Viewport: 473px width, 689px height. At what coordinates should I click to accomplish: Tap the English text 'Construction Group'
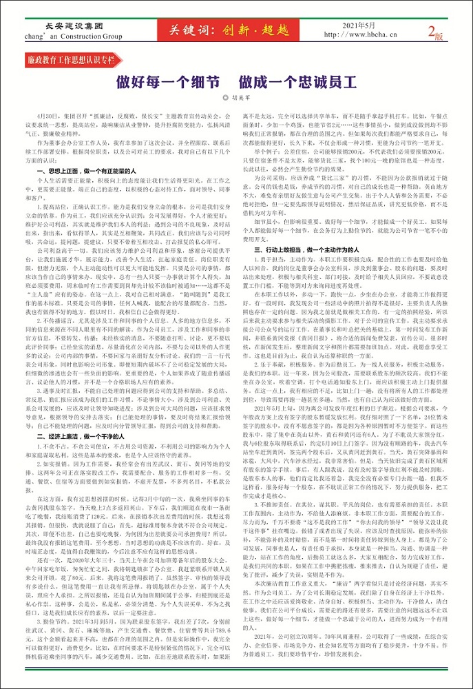[94, 36]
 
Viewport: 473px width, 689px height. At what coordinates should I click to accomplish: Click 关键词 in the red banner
[189, 30]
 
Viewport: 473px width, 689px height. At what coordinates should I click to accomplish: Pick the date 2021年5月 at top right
[358, 25]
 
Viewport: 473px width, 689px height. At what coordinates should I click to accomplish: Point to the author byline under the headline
[237, 98]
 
